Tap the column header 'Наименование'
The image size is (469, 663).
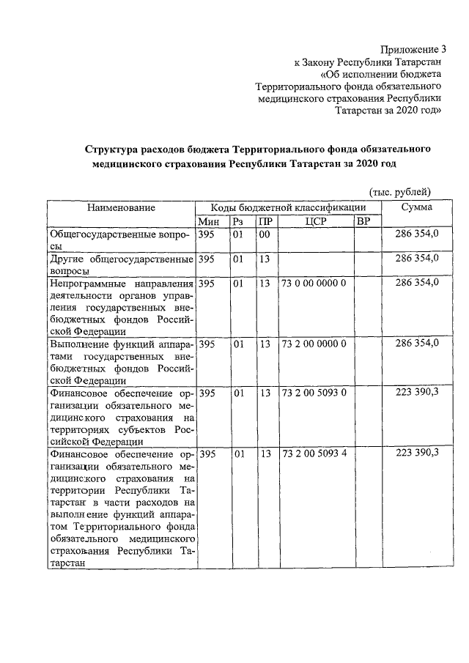point(121,207)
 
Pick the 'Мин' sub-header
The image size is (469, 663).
point(208,221)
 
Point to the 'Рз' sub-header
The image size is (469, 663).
point(238,221)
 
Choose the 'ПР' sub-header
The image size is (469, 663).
point(266,221)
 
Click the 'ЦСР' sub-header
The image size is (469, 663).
point(314,221)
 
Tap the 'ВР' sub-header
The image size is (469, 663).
point(363,221)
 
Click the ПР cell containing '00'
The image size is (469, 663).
point(265,234)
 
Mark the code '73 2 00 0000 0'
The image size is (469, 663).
point(314,343)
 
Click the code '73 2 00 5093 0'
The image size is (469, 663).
point(314,393)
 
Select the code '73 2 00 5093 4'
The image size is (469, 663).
point(314,453)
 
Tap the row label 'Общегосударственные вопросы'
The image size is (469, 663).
point(121,240)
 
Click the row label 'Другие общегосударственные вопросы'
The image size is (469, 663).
point(121,264)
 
